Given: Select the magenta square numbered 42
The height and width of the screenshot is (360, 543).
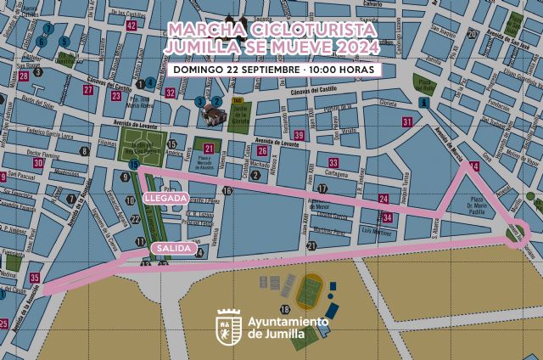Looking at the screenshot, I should (131, 25).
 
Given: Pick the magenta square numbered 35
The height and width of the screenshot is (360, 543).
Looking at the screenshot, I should (34, 277).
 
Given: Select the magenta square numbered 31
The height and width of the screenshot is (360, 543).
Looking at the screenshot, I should (407, 122).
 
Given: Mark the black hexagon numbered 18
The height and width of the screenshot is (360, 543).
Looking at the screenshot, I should (285, 309).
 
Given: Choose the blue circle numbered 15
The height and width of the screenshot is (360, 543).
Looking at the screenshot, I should (134, 164).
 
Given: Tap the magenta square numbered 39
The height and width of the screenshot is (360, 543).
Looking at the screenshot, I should (299, 135).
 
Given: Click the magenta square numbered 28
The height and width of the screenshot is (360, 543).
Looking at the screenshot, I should (23, 76).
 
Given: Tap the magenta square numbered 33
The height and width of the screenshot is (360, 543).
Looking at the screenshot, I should (333, 162).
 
